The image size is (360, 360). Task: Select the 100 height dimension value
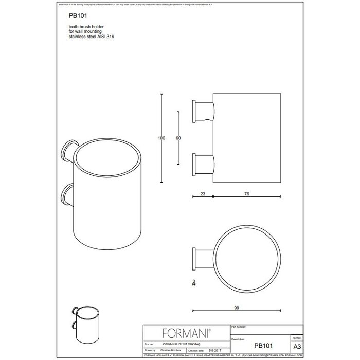[161, 138]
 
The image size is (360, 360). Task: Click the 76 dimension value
[248, 194]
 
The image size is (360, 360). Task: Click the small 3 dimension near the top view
[193, 282]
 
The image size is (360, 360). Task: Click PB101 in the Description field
[263, 347]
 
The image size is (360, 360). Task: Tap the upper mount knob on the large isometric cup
[68, 150]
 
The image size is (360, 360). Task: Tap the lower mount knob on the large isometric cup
[68, 195]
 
